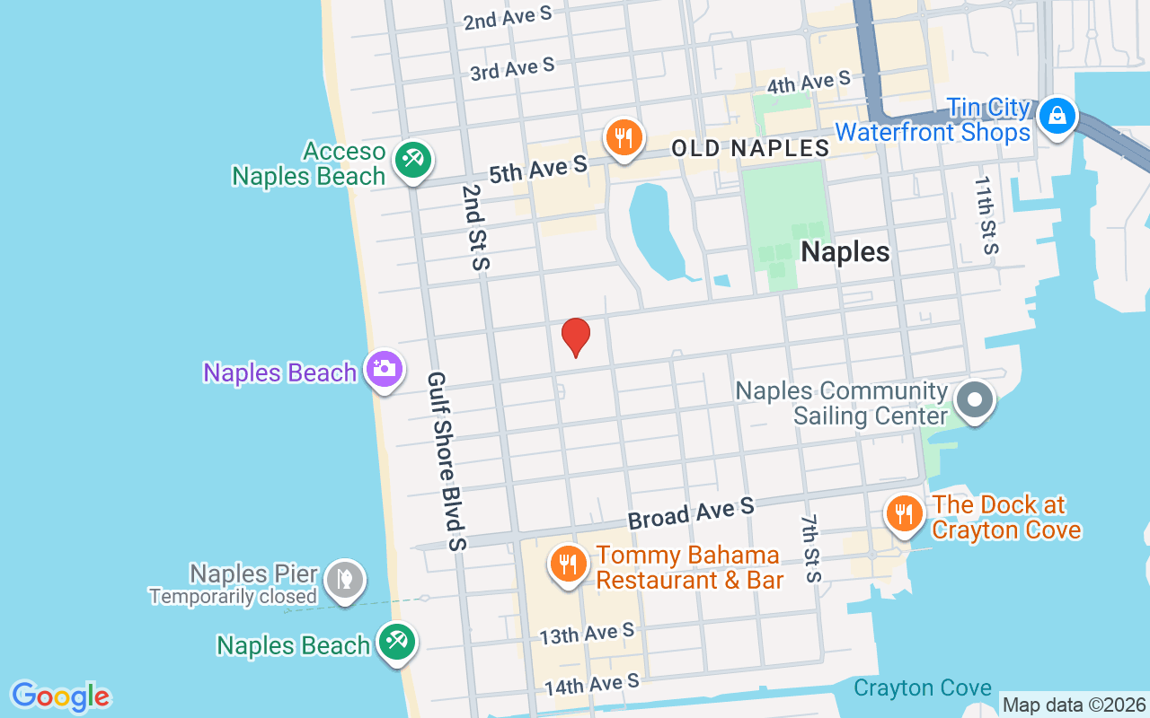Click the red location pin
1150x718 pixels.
pyautogui.click(x=576, y=337)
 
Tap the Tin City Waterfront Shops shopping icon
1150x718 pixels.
pyautogui.click(x=1058, y=117)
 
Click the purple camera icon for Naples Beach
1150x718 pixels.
pyautogui.click(x=385, y=369)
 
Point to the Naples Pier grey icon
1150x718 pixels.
pyautogui.click(x=344, y=580)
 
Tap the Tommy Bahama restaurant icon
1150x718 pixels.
pyautogui.click(x=568, y=564)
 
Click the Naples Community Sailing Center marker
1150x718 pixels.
pyautogui.click(x=974, y=400)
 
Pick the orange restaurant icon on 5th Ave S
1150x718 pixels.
pyautogui.click(x=623, y=138)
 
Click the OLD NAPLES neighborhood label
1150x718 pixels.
pyautogui.click(x=750, y=148)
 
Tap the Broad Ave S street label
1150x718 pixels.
pyautogui.click(x=691, y=513)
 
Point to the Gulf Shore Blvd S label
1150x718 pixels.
pyautogui.click(x=447, y=461)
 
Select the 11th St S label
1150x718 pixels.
pyautogui.click(x=986, y=215)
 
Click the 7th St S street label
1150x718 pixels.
pyautogui.click(x=810, y=548)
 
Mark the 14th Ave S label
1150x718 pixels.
pyautogui.click(x=592, y=685)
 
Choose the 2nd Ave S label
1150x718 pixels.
pyautogui.click(x=509, y=18)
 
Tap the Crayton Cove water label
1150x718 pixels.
pyautogui.click(x=923, y=688)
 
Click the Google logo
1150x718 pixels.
pyautogui.click(x=60, y=696)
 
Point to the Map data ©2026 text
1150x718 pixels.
pyautogui.click(x=1074, y=705)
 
